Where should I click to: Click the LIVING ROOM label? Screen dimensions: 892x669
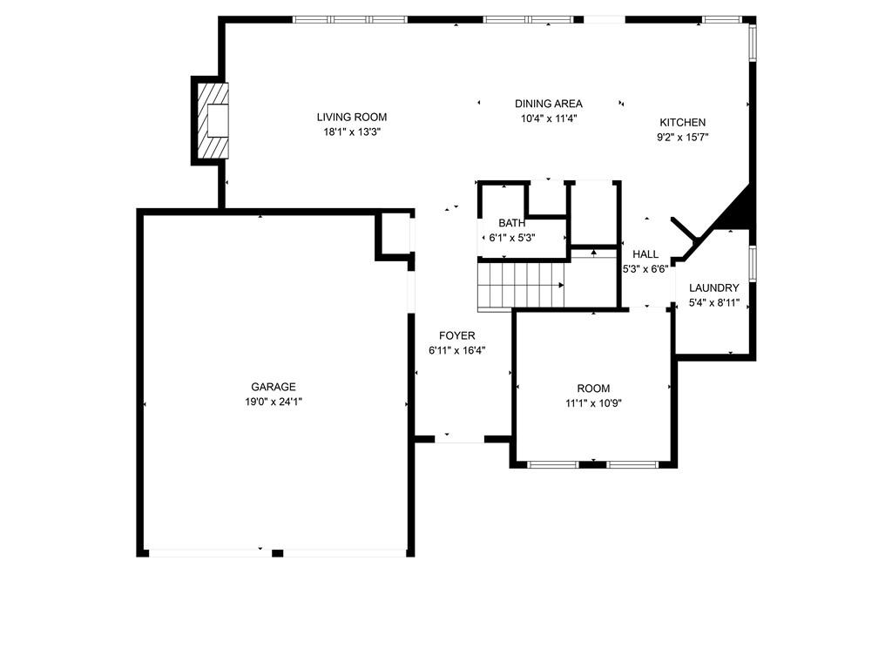pos(352,118)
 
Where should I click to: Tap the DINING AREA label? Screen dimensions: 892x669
pos(549,104)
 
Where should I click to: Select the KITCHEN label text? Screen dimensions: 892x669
pos(683,122)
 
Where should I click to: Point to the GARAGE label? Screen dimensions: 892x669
pos(274,387)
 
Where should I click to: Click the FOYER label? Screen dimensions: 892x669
pos(456,335)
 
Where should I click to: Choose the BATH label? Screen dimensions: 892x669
pos(512,223)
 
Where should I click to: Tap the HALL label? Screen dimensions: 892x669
pos(645,254)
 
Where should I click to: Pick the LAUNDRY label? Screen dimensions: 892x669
pos(714,287)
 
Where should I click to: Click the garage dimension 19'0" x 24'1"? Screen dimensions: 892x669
pos(274,402)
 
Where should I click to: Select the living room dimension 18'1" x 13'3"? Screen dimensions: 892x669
pos(352,132)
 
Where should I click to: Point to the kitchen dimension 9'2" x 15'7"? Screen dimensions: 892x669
pos(683,137)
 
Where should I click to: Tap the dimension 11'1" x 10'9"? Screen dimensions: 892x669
pos(593,403)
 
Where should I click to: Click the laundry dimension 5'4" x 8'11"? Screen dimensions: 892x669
pos(714,303)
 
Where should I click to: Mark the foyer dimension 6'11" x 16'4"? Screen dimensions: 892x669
pos(456,350)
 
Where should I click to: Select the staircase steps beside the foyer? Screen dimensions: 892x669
pos(521,285)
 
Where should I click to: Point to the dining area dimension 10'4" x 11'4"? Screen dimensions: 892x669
pos(549,118)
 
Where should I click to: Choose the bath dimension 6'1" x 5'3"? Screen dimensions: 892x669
pos(512,238)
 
